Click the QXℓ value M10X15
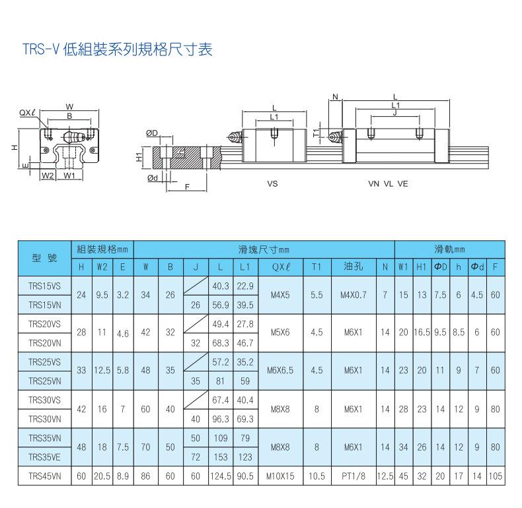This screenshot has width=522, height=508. click(280, 474)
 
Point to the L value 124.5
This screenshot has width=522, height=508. click(219, 474)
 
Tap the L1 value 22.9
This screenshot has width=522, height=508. click(245, 287)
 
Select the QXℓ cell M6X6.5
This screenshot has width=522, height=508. click(280, 371)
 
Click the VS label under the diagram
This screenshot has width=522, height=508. click(272, 184)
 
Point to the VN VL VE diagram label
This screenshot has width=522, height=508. click(388, 184)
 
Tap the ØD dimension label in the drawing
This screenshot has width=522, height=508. click(152, 133)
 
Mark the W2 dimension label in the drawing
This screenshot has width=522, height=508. click(47, 176)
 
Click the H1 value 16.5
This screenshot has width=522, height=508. click(421, 333)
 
